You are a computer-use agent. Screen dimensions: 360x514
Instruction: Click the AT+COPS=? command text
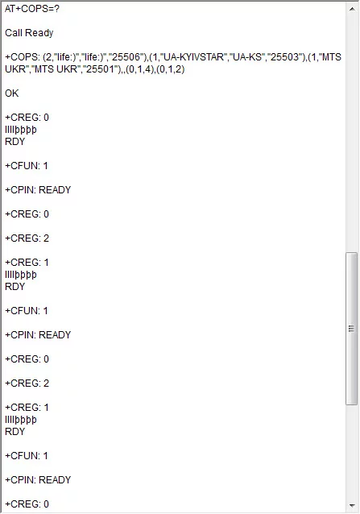tap(32, 9)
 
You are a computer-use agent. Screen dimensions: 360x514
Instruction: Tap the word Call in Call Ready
tap(14, 33)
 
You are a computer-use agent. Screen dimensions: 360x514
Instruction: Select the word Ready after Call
tap(39, 33)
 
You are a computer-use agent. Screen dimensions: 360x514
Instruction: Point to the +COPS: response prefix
tap(23, 57)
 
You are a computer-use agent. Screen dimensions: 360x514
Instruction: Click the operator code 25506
tap(126, 57)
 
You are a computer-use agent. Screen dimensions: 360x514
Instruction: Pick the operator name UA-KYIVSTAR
tap(193, 57)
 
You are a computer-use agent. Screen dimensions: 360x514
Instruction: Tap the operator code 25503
tap(285, 57)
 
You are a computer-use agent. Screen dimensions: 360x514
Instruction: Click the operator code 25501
tap(100, 69)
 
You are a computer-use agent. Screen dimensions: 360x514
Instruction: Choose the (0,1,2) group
tap(171, 69)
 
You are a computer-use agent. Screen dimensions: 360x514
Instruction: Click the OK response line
tap(12, 93)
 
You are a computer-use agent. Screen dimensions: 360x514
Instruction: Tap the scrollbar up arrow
tap(352, 9)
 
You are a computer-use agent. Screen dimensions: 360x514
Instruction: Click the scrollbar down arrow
tap(352, 505)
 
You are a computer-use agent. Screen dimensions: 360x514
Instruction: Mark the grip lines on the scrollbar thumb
tap(351, 329)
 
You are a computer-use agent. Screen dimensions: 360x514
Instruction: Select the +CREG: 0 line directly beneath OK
tap(27, 118)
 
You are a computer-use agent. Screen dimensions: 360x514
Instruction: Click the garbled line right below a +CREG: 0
tap(21, 130)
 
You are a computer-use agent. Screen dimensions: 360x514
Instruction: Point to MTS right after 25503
tap(332, 57)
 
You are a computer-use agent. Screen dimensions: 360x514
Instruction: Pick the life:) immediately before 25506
tap(94, 57)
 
